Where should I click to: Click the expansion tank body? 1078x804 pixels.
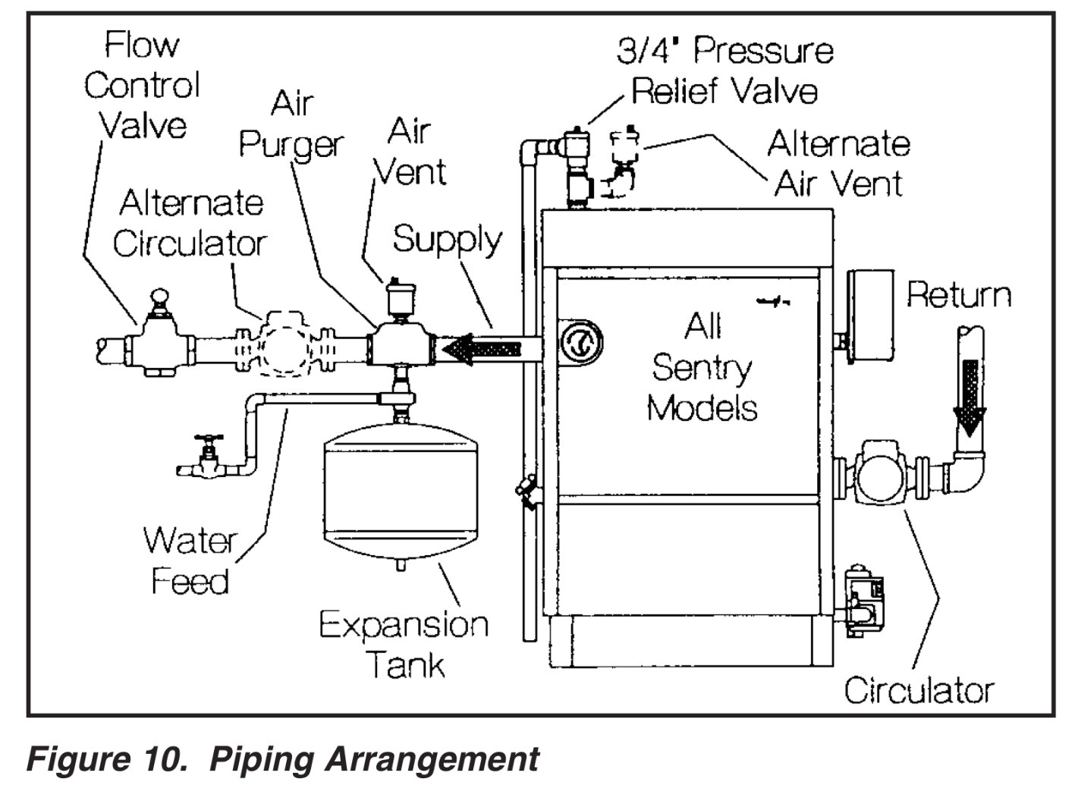401,497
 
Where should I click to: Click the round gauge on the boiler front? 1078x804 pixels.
581,342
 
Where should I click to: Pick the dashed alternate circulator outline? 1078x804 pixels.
285,347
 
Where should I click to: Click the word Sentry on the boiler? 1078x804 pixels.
701,369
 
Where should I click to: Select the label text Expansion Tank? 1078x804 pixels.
404,645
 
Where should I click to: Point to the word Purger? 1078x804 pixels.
291,143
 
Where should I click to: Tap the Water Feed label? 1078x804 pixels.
190,561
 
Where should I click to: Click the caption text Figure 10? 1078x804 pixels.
106,759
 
